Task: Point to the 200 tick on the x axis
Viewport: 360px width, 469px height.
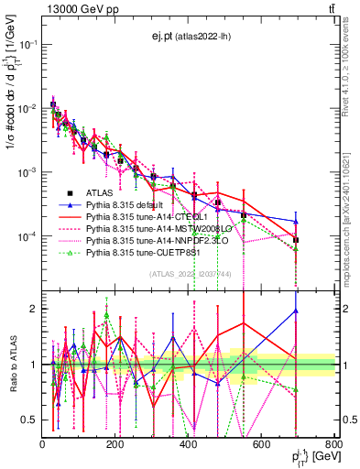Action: [x=115, y=444]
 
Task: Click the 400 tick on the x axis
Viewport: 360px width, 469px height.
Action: [x=189, y=444]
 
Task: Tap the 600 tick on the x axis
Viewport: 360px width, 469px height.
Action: [x=262, y=444]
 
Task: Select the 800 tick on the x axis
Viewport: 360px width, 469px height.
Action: [x=334, y=444]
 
